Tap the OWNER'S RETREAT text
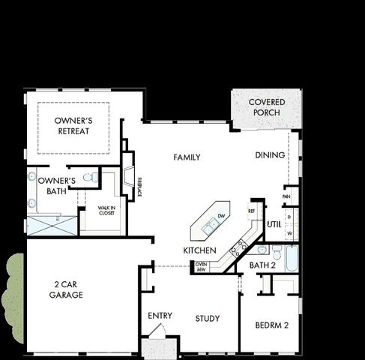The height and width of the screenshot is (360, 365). (x=72, y=125)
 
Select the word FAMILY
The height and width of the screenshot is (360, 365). (x=187, y=157)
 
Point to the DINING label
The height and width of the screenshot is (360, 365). (x=270, y=155)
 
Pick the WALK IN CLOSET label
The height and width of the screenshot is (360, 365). (x=99, y=210)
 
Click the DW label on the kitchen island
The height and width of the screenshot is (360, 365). (x=221, y=216)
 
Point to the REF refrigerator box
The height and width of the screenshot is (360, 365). (x=252, y=211)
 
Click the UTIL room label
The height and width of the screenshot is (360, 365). (x=274, y=224)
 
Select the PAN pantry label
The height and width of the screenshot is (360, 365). (x=286, y=196)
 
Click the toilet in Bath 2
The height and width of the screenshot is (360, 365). (x=263, y=250)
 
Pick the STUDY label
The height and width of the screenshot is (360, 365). (x=208, y=319)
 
